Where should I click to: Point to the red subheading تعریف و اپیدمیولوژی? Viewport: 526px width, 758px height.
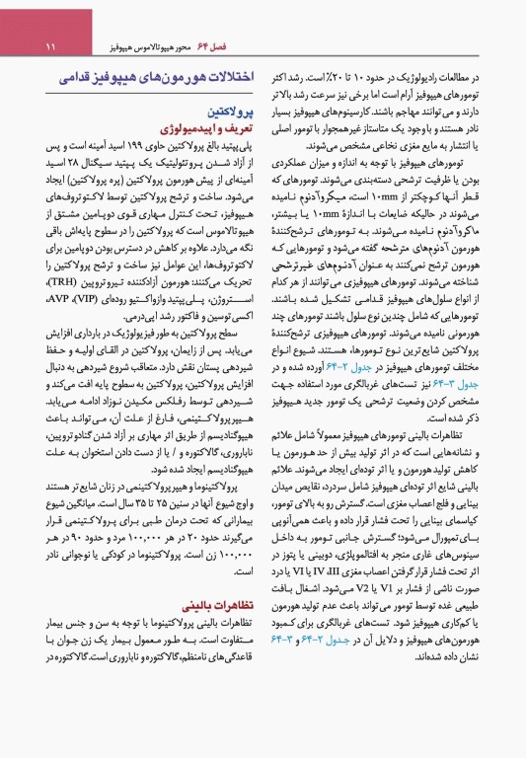pyautogui.click(x=201, y=127)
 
